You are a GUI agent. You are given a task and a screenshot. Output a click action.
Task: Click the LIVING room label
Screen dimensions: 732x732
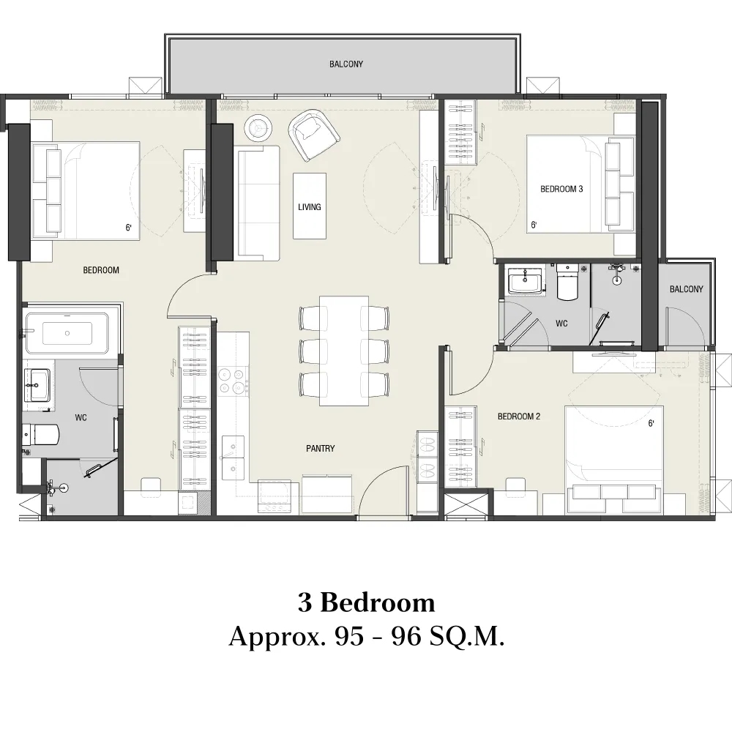click(310, 206)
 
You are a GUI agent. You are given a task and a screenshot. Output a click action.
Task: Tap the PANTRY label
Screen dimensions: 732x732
click(321, 448)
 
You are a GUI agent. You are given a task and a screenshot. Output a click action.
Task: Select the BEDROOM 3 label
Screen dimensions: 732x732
click(561, 189)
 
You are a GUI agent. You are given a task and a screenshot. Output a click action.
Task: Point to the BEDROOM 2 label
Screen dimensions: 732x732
click(519, 416)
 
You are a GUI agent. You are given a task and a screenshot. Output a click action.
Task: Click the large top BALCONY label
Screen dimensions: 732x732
click(346, 64)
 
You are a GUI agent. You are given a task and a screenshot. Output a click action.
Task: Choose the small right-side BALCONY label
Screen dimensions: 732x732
click(687, 289)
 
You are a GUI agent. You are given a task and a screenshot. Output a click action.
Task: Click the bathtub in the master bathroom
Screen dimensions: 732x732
click(67, 333)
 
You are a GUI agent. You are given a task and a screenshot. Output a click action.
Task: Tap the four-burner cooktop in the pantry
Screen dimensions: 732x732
click(233, 381)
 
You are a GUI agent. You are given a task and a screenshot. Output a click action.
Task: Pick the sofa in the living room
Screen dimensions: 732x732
click(258, 203)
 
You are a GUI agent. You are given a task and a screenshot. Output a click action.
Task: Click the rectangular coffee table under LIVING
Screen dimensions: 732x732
click(310, 206)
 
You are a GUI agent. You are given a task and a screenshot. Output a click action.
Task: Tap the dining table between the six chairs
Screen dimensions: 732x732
click(344, 351)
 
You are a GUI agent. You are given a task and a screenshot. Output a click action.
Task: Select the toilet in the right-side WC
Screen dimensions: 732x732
click(567, 282)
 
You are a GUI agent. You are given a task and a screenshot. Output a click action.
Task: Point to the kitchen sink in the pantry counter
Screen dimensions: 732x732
click(233, 458)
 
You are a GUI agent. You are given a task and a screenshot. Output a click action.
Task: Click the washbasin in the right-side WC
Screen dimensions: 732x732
click(525, 282)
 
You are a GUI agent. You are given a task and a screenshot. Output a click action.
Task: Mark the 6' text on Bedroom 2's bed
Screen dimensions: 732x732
click(651, 423)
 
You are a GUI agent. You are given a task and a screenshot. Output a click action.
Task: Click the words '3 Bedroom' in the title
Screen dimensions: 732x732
click(367, 602)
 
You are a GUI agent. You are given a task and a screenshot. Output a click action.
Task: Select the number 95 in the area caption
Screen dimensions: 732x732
click(349, 636)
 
